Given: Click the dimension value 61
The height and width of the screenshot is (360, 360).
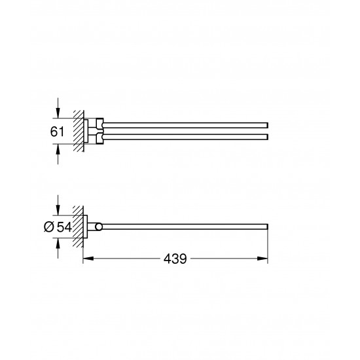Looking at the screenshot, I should [x=58, y=131].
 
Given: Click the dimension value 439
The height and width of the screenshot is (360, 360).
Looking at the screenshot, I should [x=175, y=259].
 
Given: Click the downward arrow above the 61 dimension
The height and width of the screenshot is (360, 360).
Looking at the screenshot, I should [x=59, y=112].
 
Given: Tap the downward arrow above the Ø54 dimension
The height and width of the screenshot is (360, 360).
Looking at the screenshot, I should [x=59, y=209].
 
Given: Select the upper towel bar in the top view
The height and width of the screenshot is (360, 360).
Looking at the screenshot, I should [x=183, y=124].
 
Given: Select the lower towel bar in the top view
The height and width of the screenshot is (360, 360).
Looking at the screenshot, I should [x=183, y=137].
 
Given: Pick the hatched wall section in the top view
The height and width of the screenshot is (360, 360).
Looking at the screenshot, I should [x=79, y=130].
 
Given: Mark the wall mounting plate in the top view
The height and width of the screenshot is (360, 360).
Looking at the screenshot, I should [x=86, y=130].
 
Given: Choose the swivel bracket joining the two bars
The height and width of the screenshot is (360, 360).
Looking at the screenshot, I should [x=96, y=130].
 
